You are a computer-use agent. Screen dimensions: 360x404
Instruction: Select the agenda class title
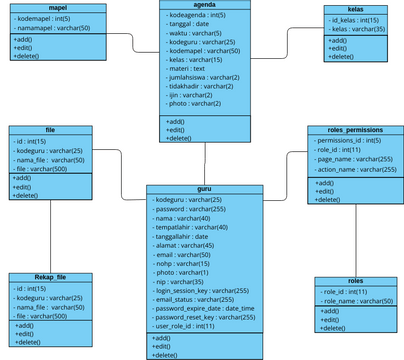[206, 6]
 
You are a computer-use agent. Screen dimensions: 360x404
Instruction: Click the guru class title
[205, 189]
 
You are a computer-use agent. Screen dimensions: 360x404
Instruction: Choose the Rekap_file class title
[50, 277]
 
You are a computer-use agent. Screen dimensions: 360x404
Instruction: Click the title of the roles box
[355, 281]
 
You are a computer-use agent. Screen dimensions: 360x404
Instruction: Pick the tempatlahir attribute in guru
[191, 227]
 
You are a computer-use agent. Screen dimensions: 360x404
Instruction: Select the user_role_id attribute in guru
[185, 326]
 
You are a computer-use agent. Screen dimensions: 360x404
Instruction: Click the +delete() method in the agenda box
[181, 138]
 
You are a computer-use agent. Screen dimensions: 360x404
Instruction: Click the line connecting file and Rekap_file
[50, 235]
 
